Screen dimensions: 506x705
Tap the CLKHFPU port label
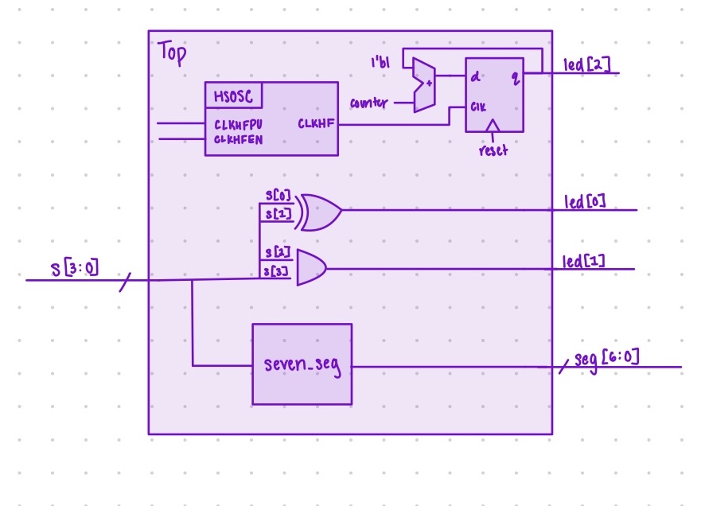(x=239, y=124)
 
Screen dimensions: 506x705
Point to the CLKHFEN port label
(x=239, y=139)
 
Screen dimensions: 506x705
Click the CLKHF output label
(x=316, y=123)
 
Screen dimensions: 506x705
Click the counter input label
(x=368, y=103)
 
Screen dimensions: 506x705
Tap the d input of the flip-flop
(x=475, y=76)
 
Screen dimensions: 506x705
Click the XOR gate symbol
(x=318, y=212)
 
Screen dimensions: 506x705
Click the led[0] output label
(x=585, y=201)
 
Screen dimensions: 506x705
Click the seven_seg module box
(x=302, y=364)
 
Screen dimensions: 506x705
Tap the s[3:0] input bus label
(x=76, y=268)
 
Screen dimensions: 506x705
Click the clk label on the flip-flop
(x=477, y=106)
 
